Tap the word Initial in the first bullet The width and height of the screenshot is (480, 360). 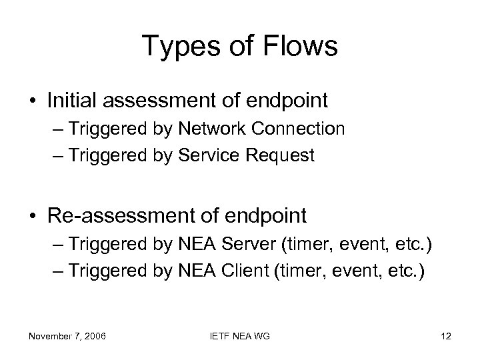(x=69, y=101)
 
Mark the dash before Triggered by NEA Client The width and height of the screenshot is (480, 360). (x=57, y=271)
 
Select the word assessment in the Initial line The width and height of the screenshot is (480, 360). (x=148, y=101)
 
